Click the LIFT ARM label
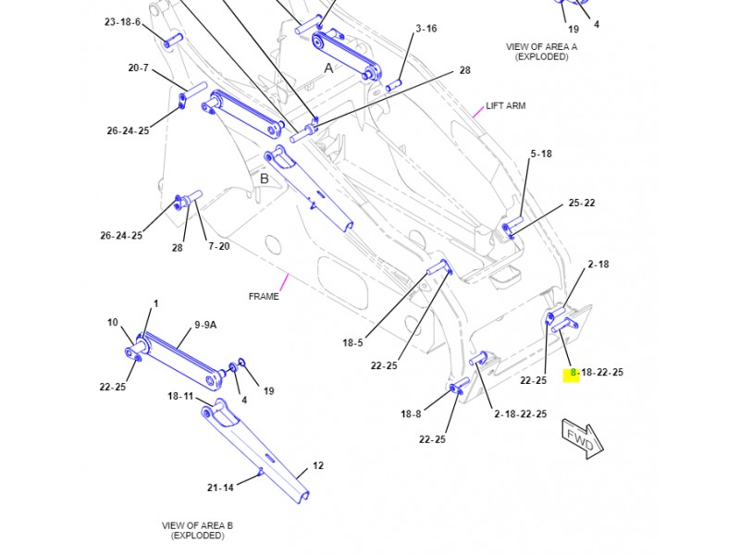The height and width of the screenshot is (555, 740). (505, 105)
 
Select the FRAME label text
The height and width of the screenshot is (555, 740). (264, 296)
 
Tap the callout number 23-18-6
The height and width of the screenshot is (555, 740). (122, 21)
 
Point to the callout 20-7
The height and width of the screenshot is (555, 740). (138, 68)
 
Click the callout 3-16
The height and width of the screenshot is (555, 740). (425, 29)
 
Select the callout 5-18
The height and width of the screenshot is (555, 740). (540, 154)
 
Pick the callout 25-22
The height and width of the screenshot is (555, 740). (581, 203)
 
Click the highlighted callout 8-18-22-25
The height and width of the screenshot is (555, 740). (596, 373)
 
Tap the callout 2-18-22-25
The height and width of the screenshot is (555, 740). (520, 413)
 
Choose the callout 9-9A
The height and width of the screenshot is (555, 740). (205, 325)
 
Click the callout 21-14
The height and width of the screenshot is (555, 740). (220, 487)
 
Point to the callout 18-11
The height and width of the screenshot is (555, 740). (179, 396)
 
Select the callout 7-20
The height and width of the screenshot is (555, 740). (218, 246)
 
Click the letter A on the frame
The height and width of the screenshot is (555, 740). (328, 68)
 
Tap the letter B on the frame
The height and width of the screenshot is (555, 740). (264, 179)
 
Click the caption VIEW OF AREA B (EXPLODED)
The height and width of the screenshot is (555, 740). (197, 530)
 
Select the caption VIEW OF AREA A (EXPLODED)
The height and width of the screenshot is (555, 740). (541, 51)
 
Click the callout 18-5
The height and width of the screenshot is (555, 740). (352, 342)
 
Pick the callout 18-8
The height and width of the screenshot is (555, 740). (411, 413)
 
